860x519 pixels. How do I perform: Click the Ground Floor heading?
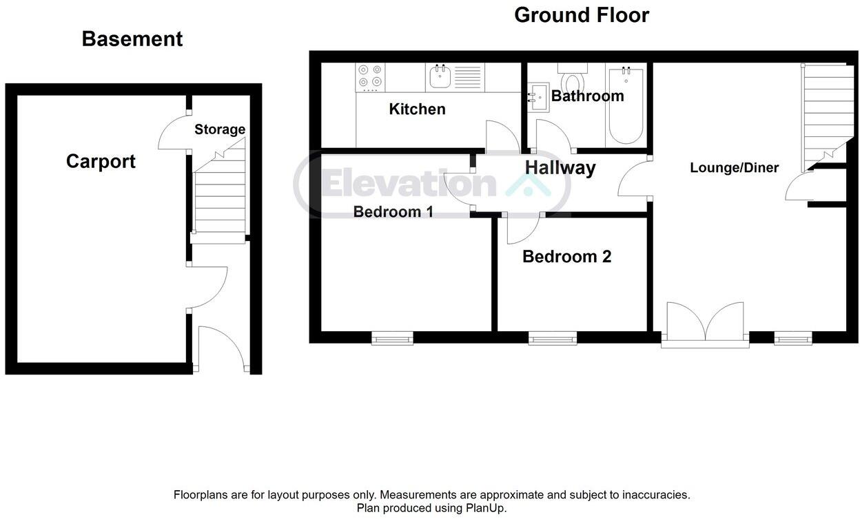coord(581,15)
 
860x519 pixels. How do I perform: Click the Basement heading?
coord(132,39)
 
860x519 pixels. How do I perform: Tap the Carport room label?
coord(101,161)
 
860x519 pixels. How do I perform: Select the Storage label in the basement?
coord(219,129)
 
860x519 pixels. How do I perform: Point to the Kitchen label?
coord(417,109)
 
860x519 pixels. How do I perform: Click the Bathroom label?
coord(587,96)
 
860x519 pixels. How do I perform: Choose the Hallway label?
coord(560,167)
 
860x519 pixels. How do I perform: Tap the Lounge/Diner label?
coord(734,167)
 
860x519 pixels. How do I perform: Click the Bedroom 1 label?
coord(393,211)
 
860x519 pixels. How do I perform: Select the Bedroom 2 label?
coord(566,257)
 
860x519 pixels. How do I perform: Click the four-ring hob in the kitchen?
coord(370,77)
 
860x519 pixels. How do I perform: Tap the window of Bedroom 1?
coord(392,337)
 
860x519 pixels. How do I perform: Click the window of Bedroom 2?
coord(552,337)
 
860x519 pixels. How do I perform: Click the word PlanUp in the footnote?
coord(486,508)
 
